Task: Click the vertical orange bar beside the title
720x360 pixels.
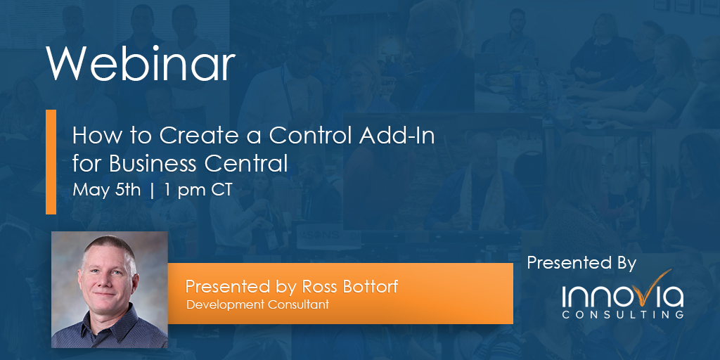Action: [x=51, y=162]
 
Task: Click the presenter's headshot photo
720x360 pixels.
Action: [x=110, y=289]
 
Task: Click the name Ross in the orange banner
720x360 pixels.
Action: [x=320, y=286]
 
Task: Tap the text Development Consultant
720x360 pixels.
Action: [x=257, y=304]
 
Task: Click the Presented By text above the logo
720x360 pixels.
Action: [x=581, y=263]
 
